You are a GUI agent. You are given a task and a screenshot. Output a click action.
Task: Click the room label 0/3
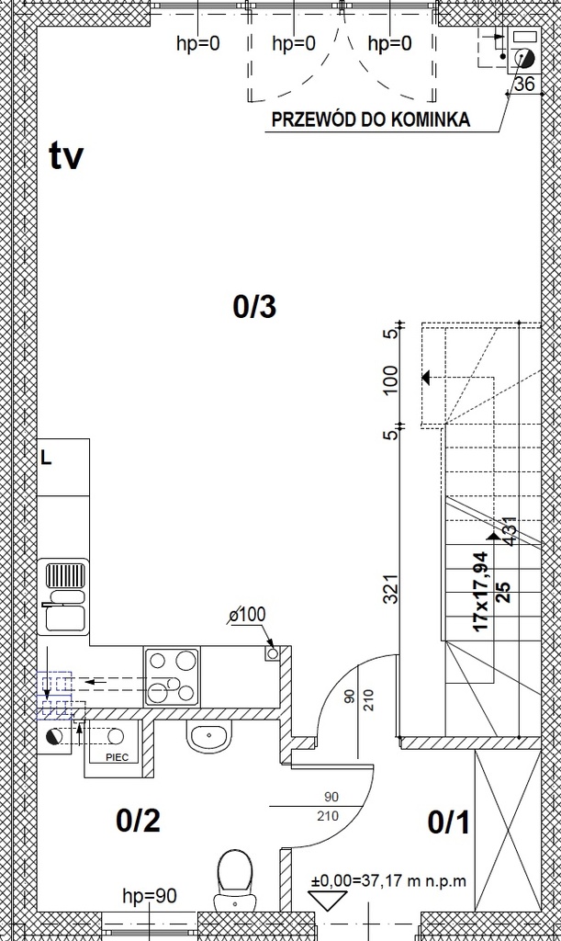254,307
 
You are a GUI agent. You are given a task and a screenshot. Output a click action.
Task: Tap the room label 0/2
138,821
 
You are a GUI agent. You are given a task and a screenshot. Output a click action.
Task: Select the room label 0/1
449,822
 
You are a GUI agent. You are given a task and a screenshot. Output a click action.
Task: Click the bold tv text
66,155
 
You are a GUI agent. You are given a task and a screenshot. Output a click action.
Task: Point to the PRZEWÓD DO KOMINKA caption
370,119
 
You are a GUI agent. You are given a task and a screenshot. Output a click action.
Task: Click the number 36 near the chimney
524,84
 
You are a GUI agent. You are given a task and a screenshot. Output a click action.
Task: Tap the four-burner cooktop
172,677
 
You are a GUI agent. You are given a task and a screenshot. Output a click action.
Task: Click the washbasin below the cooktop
209,736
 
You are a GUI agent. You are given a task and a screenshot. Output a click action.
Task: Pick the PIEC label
118,757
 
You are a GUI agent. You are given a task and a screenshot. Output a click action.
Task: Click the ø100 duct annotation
248,615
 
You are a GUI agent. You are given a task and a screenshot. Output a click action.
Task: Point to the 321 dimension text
391,588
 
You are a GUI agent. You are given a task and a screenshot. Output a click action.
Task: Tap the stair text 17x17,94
481,591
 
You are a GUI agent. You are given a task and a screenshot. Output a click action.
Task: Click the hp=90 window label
150,896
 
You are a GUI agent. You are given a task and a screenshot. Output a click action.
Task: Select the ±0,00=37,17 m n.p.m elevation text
388,881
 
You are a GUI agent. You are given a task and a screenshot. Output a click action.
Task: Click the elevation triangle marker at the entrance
328,901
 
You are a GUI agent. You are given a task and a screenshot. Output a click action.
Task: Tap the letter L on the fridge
46,459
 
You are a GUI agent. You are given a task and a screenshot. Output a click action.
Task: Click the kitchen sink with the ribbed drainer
64,597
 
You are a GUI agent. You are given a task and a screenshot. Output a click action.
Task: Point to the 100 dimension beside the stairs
390,380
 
